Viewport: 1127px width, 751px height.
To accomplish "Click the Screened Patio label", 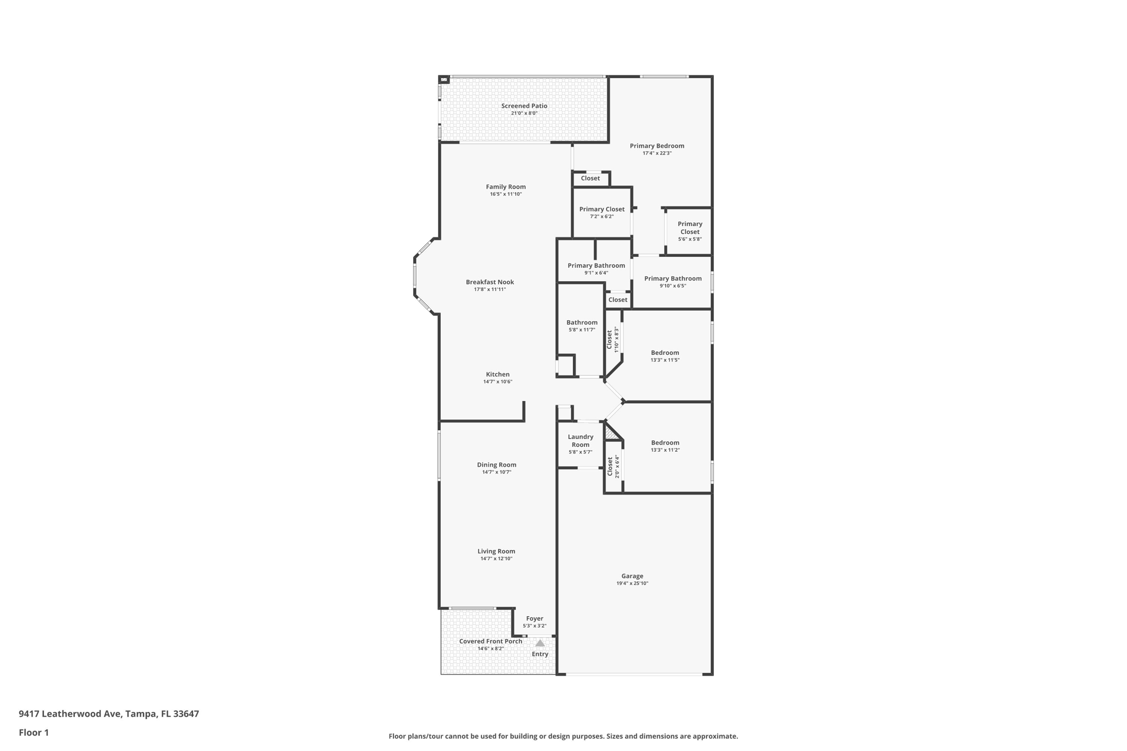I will [524, 106].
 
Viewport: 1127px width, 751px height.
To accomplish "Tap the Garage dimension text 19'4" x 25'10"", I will [632, 583].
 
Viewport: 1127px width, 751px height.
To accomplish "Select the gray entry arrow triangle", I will [540, 643].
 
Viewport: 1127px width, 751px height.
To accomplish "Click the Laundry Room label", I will [581, 441].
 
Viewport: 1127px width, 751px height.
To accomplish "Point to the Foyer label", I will [534, 618].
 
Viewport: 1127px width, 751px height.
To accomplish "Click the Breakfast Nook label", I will [490, 282].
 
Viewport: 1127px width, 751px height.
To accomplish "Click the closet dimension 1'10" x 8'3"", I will [617, 339].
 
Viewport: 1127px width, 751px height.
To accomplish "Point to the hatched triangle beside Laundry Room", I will [610, 435].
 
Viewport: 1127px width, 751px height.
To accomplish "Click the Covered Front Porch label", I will [490, 641].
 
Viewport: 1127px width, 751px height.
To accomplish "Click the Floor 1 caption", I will [34, 732].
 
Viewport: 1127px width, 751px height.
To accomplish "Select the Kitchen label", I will [497, 374].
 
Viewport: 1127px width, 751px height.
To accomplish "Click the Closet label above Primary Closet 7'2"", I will [590, 178].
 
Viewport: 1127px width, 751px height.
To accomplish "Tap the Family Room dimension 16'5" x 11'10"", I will [505, 194].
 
